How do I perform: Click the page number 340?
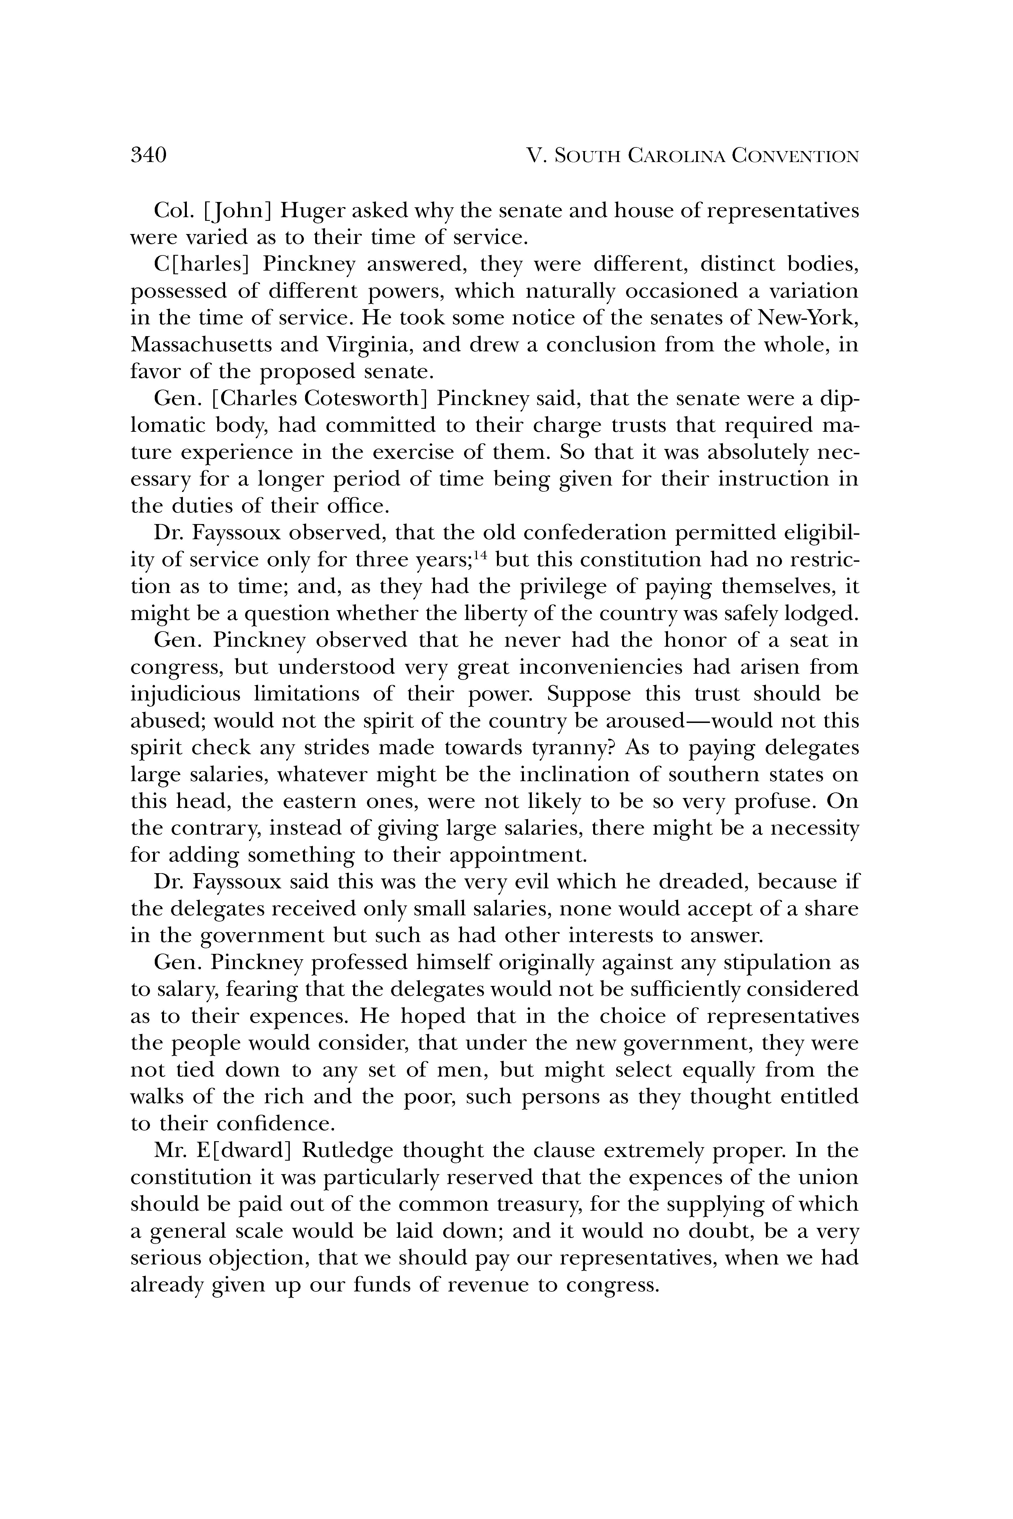click(149, 156)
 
